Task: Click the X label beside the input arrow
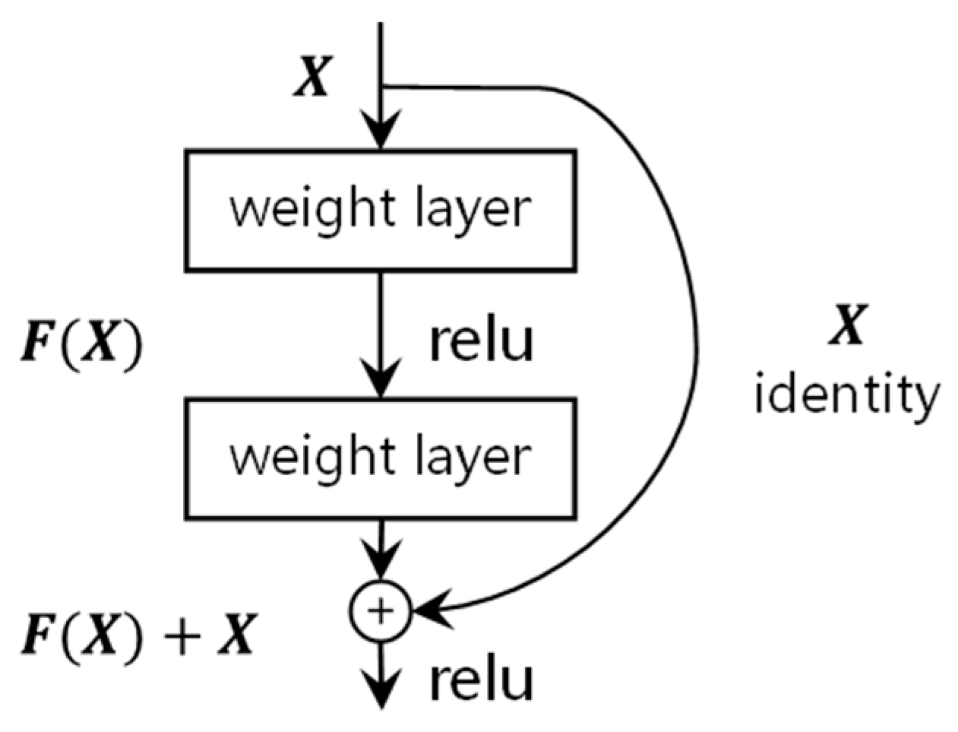click(312, 78)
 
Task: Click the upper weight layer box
click(380, 211)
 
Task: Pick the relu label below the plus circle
click(482, 680)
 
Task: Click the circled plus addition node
click(380, 610)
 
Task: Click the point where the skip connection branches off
click(381, 86)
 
